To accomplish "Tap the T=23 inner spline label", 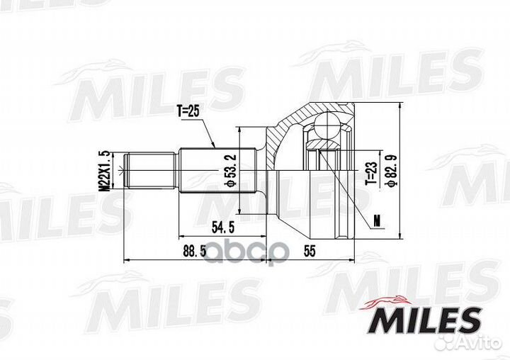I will click(370, 173).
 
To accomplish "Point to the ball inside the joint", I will click(327, 128).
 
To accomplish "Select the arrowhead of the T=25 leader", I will click(214, 146).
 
